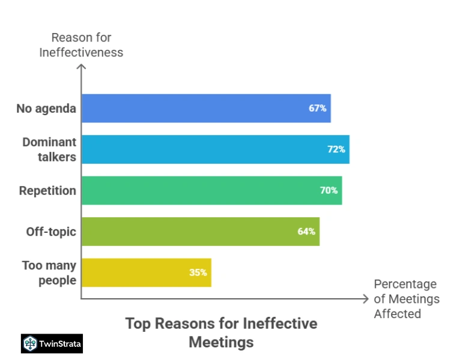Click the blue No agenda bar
coord(206,108)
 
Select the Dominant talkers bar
coord(215,149)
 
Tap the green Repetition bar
coord(211,190)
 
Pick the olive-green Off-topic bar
coord(200,231)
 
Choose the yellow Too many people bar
coord(146,272)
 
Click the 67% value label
coord(318,109)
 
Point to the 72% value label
coord(336,149)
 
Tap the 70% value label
coord(329,190)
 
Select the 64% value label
coord(306,231)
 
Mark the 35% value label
coord(198,272)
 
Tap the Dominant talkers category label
coord(49,149)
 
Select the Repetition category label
coord(47,191)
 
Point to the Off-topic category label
coord(51,232)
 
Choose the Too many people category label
coord(49,272)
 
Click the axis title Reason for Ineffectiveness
coord(81,45)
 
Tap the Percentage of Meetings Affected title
coord(407,298)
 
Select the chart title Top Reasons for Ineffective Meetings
coord(221,332)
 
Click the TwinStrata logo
coord(52,343)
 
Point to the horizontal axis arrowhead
coord(365,298)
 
